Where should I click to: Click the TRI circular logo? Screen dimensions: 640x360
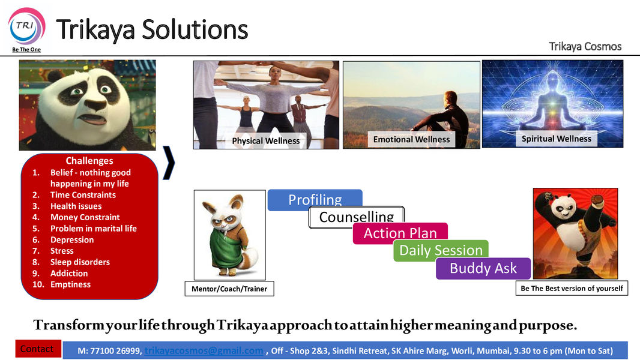point(26,26)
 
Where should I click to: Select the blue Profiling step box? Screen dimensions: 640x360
point(315,199)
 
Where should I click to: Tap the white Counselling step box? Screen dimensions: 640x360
point(357,217)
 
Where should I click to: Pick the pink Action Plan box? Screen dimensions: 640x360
point(400,233)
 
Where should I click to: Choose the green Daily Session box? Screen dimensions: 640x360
point(441,250)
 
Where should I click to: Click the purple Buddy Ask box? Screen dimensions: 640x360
point(483,268)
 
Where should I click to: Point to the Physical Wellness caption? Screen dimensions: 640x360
point(266,141)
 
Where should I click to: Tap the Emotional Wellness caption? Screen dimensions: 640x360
point(411,139)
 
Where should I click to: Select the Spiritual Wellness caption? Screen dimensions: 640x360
point(557,139)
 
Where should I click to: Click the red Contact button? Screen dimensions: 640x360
point(38,349)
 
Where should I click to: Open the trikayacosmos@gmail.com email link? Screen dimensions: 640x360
point(204,350)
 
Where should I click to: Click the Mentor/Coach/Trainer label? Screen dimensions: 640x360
point(229,289)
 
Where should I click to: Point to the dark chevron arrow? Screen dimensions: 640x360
point(169,163)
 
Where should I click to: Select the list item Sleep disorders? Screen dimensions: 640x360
point(80,262)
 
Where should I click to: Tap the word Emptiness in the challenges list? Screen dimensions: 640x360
point(71,284)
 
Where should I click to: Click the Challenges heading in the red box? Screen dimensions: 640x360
point(89,161)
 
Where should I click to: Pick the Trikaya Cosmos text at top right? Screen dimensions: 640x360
point(585,46)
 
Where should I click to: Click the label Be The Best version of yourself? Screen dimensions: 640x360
point(572,288)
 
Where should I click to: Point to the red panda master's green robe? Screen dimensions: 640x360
point(225,249)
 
